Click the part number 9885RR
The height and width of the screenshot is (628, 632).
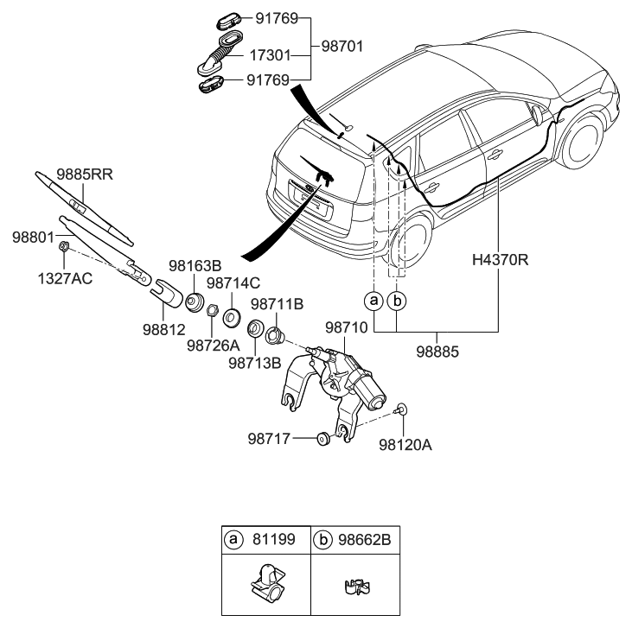[86, 174]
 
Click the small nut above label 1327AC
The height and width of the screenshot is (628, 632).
[64, 248]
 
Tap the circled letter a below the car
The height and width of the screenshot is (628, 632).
[373, 301]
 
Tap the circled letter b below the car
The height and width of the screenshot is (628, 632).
[398, 301]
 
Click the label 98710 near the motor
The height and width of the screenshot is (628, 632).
[348, 328]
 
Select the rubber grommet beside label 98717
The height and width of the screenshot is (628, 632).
[321, 438]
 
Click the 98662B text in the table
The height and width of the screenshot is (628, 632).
[367, 540]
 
